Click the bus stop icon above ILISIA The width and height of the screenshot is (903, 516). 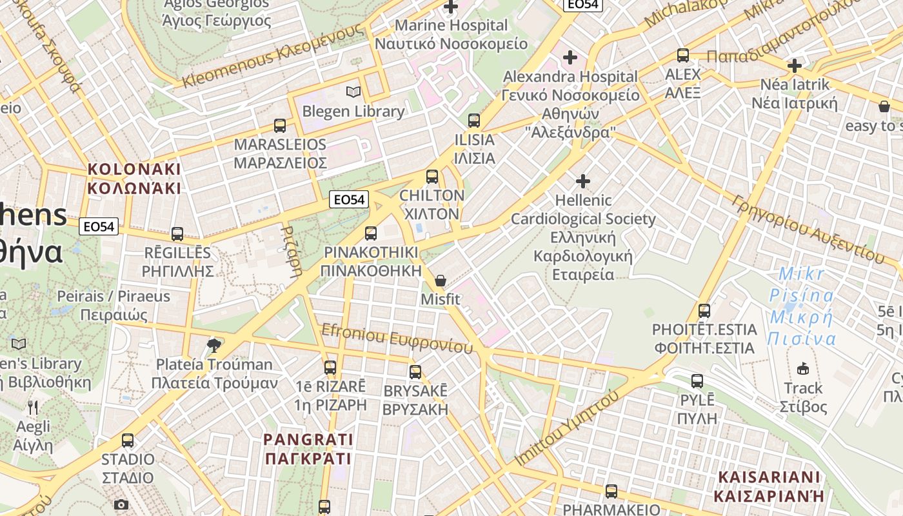[x=474, y=120]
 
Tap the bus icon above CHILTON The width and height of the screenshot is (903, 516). [x=432, y=176]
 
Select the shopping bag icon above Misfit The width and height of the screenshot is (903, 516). [x=441, y=280]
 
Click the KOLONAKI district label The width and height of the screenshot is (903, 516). [x=134, y=179]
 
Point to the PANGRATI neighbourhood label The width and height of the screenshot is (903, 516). [x=308, y=449]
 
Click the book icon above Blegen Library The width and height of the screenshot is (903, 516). [x=353, y=92]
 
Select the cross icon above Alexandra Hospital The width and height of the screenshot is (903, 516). [x=570, y=57]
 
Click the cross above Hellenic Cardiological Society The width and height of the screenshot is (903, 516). [x=583, y=181]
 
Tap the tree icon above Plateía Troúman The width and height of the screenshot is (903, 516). [x=214, y=346]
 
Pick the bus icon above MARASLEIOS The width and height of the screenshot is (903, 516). [x=280, y=125]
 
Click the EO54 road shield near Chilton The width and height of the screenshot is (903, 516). [x=348, y=200]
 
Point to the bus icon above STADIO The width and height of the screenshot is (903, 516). [x=128, y=441]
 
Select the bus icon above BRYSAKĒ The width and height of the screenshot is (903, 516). [x=415, y=372]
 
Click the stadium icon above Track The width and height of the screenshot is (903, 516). [x=802, y=368]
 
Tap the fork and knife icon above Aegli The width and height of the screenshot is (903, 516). [x=33, y=407]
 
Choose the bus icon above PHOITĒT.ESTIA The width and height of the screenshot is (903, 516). [x=704, y=310]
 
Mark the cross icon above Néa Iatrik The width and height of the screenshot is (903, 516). [x=795, y=65]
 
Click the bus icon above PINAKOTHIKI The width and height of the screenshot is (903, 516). [x=371, y=233]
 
